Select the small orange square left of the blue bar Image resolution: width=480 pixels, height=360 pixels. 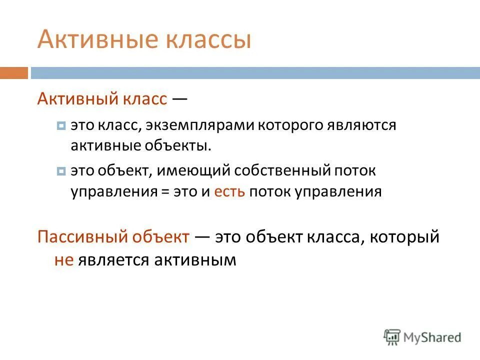pos(14,73)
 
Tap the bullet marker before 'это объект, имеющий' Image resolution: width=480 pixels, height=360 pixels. pos(61,172)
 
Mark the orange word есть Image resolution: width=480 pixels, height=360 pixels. pos(229,192)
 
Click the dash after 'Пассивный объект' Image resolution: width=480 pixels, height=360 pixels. pos(202,236)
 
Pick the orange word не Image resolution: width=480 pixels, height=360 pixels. pos(64,260)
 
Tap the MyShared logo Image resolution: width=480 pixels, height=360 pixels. pos(422,337)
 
